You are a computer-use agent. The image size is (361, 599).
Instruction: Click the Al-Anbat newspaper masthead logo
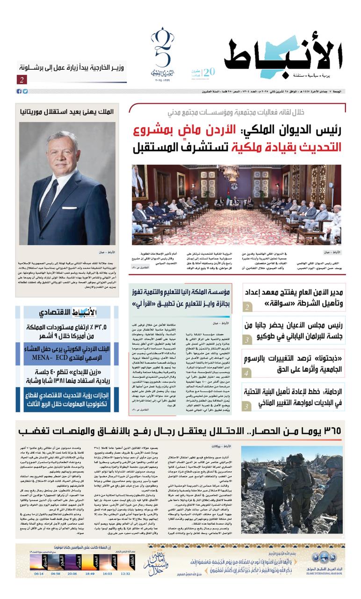coord(285,58)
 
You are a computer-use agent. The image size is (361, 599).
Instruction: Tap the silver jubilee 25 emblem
coord(162,54)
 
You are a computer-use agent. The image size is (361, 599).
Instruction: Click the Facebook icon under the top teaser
coord(19,91)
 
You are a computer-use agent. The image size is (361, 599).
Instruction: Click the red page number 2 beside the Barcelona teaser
coord(22,80)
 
